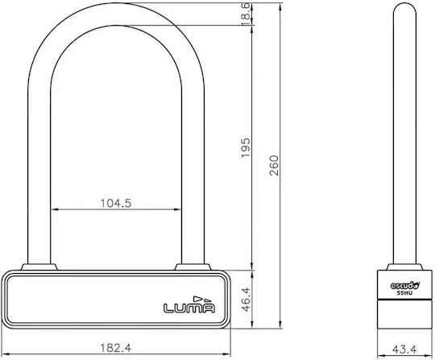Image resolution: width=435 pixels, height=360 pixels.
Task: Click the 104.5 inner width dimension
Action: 116,203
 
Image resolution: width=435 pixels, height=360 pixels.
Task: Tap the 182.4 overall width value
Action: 115,348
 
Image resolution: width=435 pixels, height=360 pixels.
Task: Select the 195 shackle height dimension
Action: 246,147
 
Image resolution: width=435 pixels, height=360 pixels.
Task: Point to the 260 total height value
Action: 274,165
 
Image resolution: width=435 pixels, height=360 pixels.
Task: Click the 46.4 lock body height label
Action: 246,300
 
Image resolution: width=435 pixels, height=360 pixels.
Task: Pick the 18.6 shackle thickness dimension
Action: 246,14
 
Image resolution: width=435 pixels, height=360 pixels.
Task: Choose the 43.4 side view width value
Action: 404,350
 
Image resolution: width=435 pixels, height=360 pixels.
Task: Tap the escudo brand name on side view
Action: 405,285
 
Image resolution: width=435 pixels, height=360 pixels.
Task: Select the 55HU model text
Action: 404,293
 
